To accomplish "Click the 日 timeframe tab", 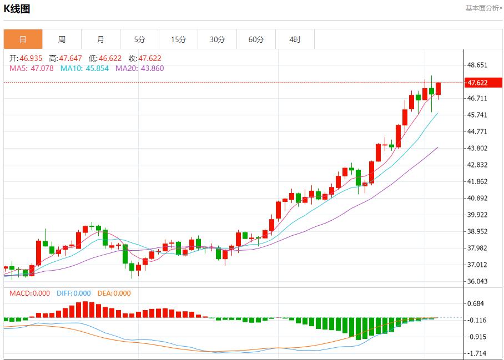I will click(x=23, y=39).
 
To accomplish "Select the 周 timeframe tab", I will click(x=62, y=39).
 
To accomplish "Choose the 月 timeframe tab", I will click(x=100, y=39).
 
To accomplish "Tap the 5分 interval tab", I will click(x=139, y=39).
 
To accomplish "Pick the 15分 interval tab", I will click(x=178, y=39).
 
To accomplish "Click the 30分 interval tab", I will click(x=217, y=39).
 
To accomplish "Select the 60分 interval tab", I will click(x=256, y=39).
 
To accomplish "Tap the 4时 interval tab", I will click(x=295, y=39).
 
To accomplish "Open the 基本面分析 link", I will click(x=483, y=8).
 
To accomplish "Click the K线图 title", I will click(x=17, y=9).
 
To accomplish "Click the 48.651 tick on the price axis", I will click(x=477, y=65).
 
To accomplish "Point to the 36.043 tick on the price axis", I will click(x=477, y=281).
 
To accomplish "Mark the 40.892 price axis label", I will click(x=477, y=198).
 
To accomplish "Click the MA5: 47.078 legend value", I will click(x=31, y=68).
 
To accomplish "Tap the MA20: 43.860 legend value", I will click(x=139, y=68).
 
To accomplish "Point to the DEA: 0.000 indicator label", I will click(x=114, y=293).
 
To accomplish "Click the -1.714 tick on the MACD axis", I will click(x=477, y=353).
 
